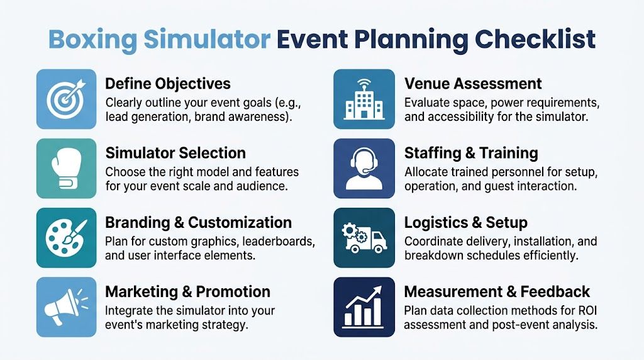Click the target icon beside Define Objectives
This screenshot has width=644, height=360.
pyautogui.click(x=66, y=99)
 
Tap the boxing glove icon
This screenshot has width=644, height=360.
pyautogui.click(x=66, y=168)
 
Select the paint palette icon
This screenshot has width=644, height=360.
pyautogui.click(x=66, y=238)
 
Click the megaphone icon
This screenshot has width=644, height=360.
pyautogui.click(x=66, y=307)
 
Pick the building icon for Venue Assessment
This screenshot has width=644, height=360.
pyautogui.click(x=364, y=99)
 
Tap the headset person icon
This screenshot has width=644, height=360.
pyautogui.click(x=364, y=168)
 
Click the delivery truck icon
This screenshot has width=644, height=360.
pyautogui.click(x=364, y=238)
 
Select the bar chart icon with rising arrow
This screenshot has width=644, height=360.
pyautogui.click(x=364, y=307)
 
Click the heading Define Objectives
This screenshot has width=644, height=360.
pyautogui.click(x=168, y=84)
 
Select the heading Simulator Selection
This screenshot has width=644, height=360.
pyautogui.click(x=175, y=153)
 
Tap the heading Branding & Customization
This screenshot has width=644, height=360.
pyautogui.click(x=198, y=223)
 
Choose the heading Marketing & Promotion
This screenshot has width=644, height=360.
pyautogui.click(x=187, y=292)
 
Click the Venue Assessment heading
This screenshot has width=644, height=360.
pyautogui.click(x=473, y=84)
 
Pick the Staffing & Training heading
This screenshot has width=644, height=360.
pyautogui.click(x=471, y=153)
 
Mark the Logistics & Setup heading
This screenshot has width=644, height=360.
pyautogui.click(x=465, y=223)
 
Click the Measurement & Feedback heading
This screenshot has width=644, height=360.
pyautogui.click(x=497, y=292)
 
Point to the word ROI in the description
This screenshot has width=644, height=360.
pyautogui.click(x=585, y=311)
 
